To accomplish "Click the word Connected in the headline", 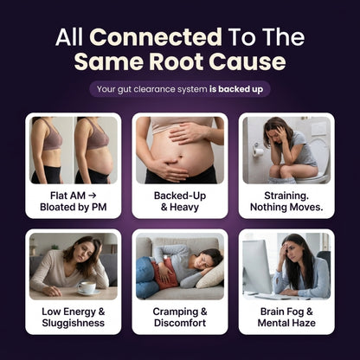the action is [x=156, y=37].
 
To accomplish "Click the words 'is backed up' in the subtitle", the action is [x=236, y=89].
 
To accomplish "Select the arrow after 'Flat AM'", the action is [x=92, y=196].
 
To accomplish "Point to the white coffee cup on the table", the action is [x=87, y=287].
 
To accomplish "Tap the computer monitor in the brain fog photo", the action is [x=256, y=266].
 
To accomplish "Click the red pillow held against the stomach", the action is [x=165, y=273].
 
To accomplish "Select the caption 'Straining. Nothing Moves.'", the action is [x=286, y=202].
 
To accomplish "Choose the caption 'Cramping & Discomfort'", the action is [x=180, y=318].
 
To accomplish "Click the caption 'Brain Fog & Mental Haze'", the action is [x=286, y=318].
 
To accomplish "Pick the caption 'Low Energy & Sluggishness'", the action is [x=74, y=318].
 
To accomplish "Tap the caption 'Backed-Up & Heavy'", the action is [x=180, y=202].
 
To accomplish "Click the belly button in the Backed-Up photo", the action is [x=181, y=157].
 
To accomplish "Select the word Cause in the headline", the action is [x=247, y=61].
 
